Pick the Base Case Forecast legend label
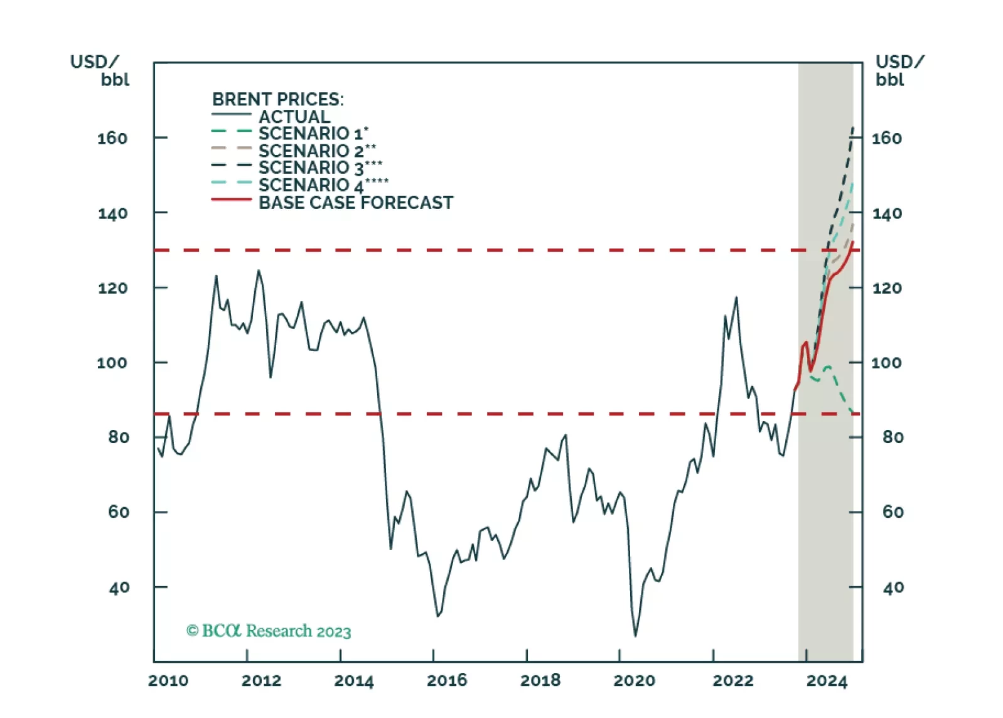355,203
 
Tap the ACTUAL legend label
294,117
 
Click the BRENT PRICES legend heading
277,99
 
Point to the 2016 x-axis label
447,680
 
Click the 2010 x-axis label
168,680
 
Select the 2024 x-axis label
827,680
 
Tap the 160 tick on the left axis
112,138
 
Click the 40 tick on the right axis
893,587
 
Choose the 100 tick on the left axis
112,363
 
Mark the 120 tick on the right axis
886,288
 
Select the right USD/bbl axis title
899,70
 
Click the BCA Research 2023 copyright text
269,631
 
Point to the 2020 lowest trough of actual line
635,636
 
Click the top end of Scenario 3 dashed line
853,128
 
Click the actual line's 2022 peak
736,297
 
